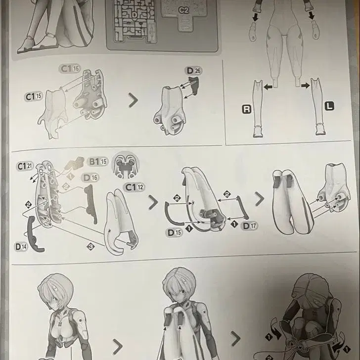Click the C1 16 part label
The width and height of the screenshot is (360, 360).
click(70, 68)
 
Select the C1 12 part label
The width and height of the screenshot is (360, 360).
click(134, 187)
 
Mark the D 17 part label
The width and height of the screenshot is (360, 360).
click(249, 226)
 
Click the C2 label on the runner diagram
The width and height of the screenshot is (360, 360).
click(183, 9)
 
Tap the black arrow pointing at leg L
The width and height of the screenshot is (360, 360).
click(306, 86)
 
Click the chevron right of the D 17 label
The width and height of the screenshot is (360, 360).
click(259, 200)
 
